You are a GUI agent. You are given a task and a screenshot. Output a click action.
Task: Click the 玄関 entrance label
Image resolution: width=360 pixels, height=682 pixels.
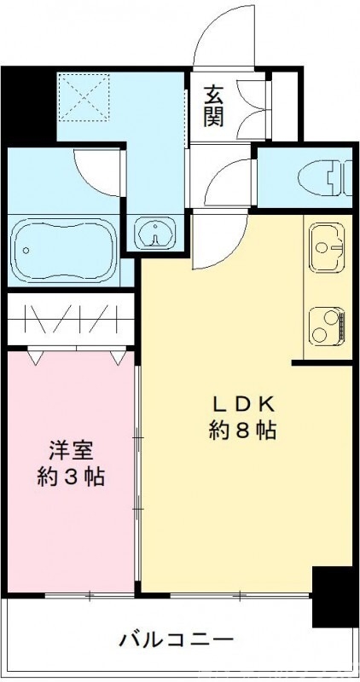(x=213, y=105)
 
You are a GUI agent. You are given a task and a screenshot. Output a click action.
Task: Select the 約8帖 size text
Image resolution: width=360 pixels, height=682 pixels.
(x=242, y=431)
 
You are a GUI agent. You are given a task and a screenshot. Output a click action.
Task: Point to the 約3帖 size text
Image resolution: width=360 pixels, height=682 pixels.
(x=71, y=477)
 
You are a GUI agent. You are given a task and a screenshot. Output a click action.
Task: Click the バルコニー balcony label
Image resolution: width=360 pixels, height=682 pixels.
(x=176, y=639)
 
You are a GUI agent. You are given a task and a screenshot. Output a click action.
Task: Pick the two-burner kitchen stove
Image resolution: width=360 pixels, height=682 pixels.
(x=328, y=325)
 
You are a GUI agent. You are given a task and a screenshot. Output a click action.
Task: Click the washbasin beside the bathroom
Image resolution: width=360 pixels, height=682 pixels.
(x=154, y=233)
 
